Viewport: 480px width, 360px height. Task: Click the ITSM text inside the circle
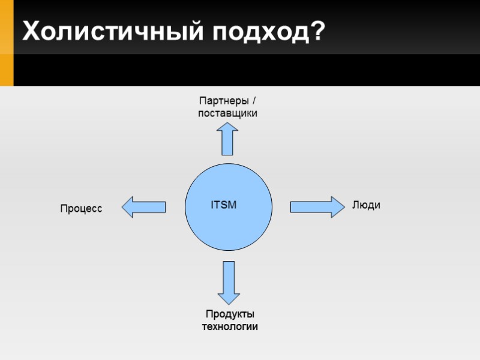click(x=224, y=205)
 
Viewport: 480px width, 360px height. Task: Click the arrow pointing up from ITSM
click(x=227, y=139)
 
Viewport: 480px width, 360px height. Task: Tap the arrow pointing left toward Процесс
click(x=144, y=207)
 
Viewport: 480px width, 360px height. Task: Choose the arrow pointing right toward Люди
click(x=313, y=207)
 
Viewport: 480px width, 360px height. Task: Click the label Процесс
click(x=81, y=209)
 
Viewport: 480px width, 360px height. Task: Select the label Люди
click(x=366, y=205)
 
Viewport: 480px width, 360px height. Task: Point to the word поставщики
click(x=228, y=113)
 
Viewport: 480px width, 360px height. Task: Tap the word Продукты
click(x=230, y=314)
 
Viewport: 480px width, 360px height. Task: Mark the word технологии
click(x=230, y=327)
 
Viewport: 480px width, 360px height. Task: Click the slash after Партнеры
click(x=253, y=100)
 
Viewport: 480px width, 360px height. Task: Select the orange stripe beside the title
click(x=7, y=42)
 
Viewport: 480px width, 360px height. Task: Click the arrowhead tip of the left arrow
click(x=124, y=207)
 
